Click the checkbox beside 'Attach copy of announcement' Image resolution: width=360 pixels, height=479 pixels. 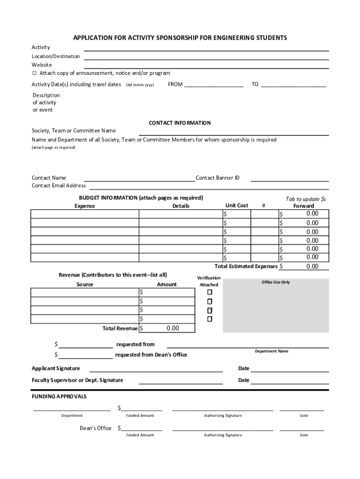click(34, 73)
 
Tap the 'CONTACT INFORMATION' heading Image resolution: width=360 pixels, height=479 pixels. click(180, 123)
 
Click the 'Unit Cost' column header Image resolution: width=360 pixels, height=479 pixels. click(237, 205)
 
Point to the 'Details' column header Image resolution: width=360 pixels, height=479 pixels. click(181, 206)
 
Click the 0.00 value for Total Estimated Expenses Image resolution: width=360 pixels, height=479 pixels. click(312, 267)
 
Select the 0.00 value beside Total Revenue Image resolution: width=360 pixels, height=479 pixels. click(173, 328)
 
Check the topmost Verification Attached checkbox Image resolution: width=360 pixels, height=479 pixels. click(209, 292)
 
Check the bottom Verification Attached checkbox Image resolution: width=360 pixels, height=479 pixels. click(209, 319)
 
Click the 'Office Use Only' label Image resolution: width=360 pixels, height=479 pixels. click(275, 283)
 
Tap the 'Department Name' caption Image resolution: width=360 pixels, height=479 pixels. click(271, 351)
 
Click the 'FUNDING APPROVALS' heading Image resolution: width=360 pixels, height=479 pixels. click(59, 397)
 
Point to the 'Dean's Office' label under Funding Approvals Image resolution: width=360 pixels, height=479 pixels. click(95, 428)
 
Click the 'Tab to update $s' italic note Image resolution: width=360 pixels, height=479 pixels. click(305, 199)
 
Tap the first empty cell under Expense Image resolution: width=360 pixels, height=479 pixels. click(85, 214)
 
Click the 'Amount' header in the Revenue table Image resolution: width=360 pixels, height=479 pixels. click(167, 284)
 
